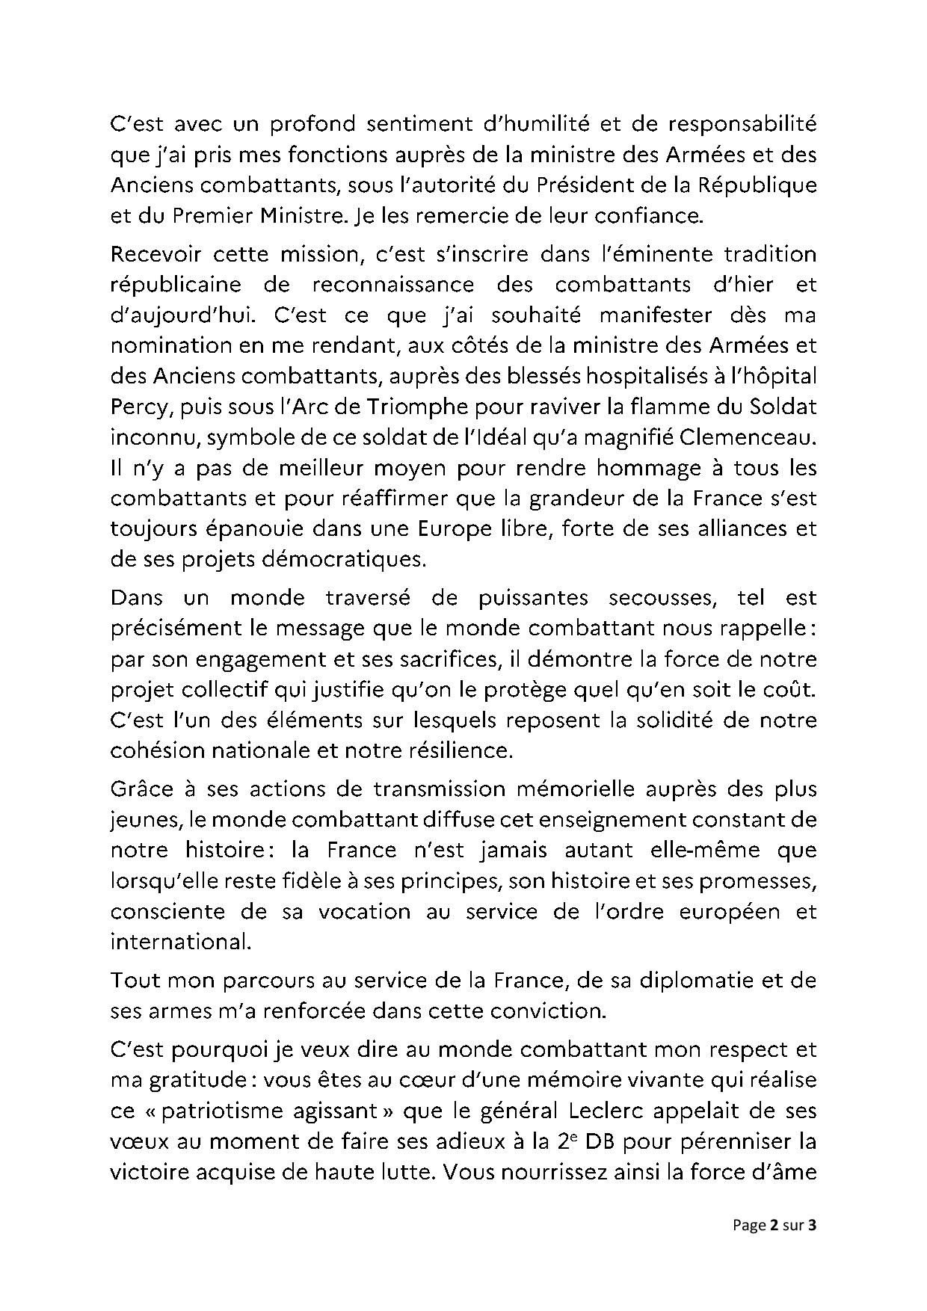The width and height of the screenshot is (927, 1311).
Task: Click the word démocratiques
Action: tap(351, 560)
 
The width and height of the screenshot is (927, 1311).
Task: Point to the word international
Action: tap(179, 941)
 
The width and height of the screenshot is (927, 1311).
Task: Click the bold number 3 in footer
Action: tap(813, 1246)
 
